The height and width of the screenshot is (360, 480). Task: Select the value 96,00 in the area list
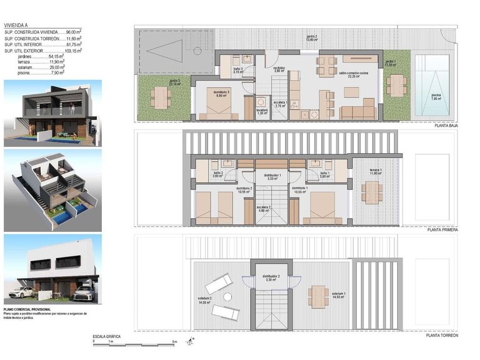pos(74,31)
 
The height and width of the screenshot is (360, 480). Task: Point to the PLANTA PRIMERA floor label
pos(443,230)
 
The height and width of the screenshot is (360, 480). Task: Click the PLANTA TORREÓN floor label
pos(442,336)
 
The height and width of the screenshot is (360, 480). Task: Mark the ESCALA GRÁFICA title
pos(106,337)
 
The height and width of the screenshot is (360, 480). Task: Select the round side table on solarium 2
pos(229,296)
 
